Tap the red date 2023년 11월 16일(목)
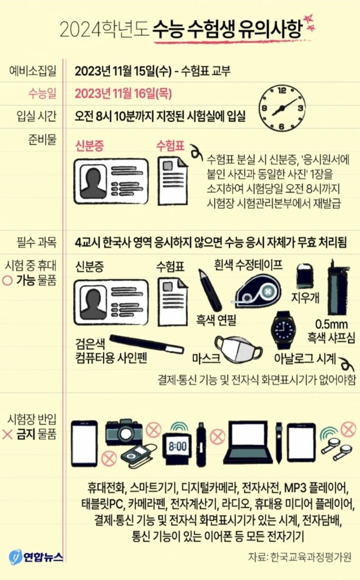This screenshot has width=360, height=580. tap(123, 94)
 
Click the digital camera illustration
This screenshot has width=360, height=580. tap(124, 432)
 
